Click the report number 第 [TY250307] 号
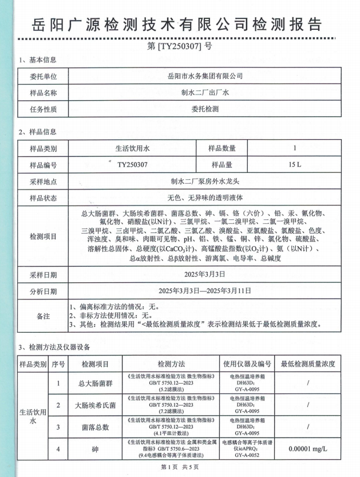(179, 46)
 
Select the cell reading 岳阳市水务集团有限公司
(204, 76)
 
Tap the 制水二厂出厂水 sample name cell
(204, 93)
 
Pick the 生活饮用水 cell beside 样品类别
(132, 148)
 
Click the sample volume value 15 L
(295, 165)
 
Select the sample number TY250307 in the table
(132, 165)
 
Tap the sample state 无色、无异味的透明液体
(204, 198)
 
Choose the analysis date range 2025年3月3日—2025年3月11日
(204, 291)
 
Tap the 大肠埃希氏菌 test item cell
(95, 405)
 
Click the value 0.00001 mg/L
(308, 450)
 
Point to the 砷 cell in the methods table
(95, 450)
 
